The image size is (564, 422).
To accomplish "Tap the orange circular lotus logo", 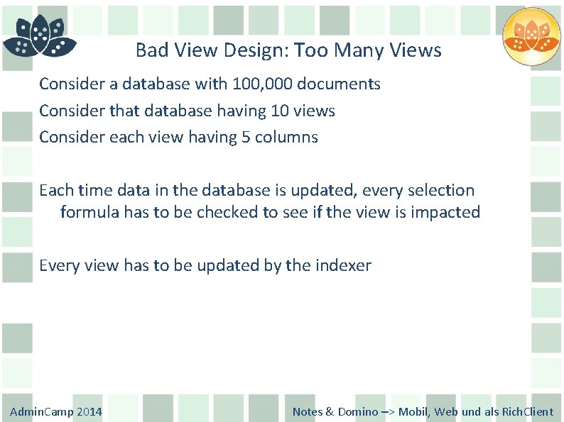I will (x=531, y=37).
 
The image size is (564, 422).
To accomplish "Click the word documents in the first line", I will (x=339, y=84).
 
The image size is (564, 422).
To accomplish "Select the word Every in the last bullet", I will (x=60, y=265).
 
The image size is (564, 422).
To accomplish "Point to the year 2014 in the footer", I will (x=90, y=412).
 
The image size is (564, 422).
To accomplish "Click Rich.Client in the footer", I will (x=528, y=412).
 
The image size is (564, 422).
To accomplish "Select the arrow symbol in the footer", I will (x=389, y=412).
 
